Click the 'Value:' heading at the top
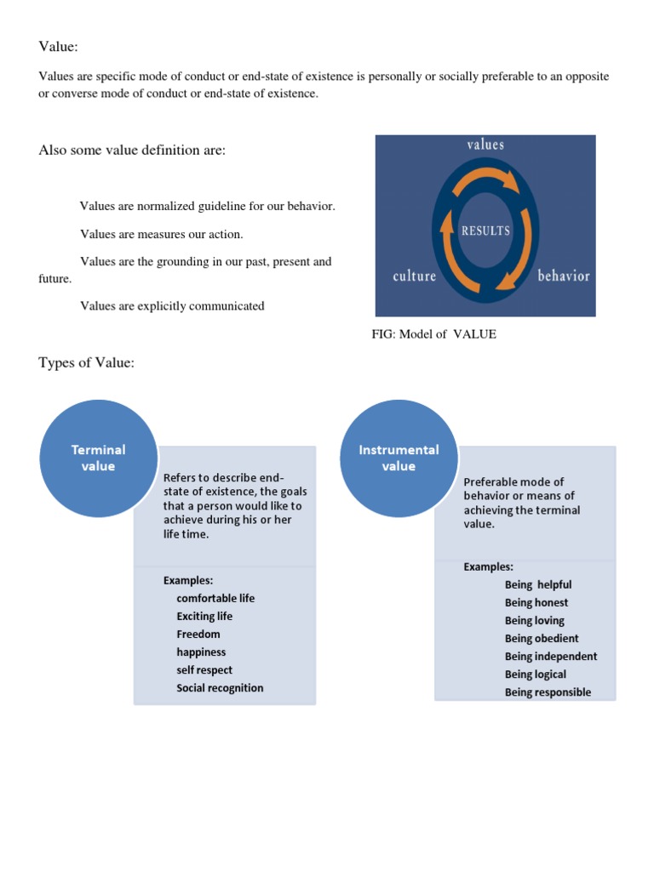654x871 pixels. tap(58, 46)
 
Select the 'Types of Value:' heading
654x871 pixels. tap(86, 363)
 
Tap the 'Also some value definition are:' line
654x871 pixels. tap(132, 151)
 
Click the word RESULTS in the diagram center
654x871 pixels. tap(485, 231)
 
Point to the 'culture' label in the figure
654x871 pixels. tap(414, 276)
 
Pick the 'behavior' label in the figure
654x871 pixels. tap(563, 276)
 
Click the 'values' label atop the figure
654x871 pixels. tap(485, 145)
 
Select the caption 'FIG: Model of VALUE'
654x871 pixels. tap(433, 334)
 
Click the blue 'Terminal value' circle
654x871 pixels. tap(98, 458)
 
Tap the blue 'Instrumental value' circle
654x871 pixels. tap(399, 458)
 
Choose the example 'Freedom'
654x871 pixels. tap(198, 634)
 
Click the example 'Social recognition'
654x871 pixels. tap(220, 687)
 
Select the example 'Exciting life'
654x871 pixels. tap(204, 616)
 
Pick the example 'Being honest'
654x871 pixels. tap(536, 602)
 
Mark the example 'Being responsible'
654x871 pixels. tap(548, 692)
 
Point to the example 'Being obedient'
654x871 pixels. tap(542, 638)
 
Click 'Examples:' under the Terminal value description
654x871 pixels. tap(187, 580)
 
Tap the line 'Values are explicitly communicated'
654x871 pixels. tap(172, 306)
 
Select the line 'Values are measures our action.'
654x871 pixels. tap(162, 234)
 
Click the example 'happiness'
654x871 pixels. tap(201, 652)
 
